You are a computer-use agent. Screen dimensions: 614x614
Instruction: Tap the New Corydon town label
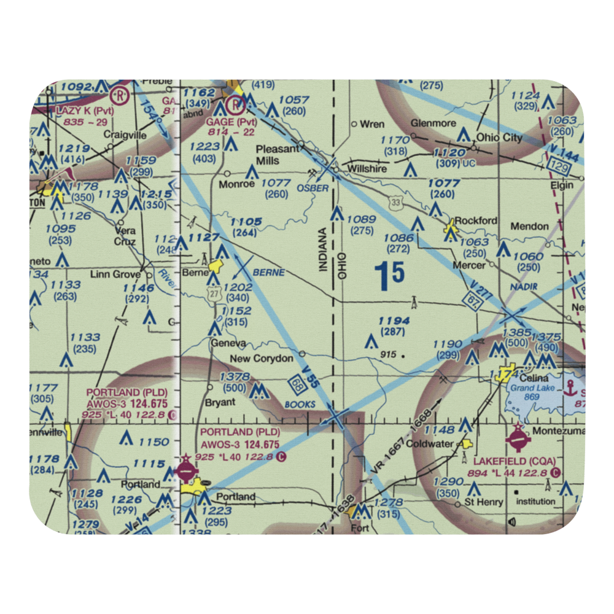[x=261, y=358]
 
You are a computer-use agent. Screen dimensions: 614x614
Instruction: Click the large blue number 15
[x=389, y=277]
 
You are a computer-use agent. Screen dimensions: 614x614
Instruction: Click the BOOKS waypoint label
[x=300, y=405]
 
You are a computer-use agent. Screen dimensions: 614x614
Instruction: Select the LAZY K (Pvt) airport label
[x=85, y=111]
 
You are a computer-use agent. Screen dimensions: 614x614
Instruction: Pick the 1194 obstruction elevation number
[x=394, y=321]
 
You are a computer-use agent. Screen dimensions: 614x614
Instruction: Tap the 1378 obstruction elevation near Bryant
[x=235, y=376]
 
